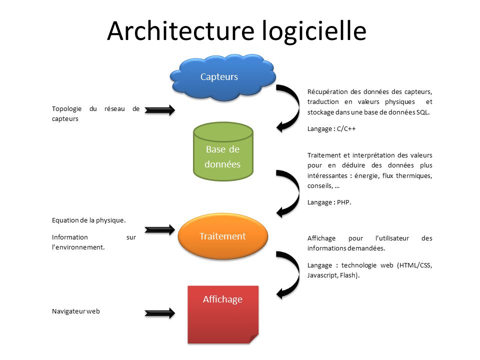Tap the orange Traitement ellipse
(222, 236)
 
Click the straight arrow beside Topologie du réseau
(160, 110)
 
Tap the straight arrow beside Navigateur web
(160, 313)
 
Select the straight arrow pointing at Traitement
(160, 230)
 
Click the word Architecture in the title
(181, 31)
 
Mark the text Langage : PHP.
(329, 202)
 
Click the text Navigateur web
(76, 311)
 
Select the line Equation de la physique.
(88, 220)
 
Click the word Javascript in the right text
(323, 275)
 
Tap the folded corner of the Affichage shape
(254, 338)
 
